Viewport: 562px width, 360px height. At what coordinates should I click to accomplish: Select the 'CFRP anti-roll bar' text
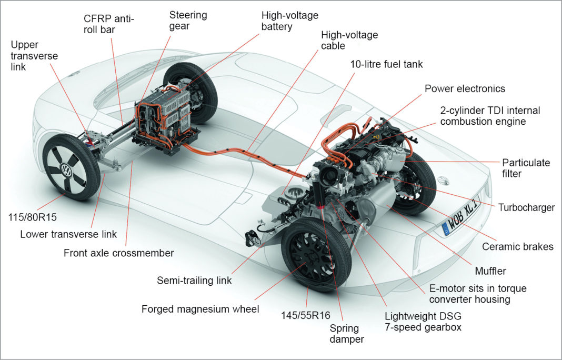click(x=109, y=24)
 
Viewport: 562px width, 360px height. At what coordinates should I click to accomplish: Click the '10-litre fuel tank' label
click(x=386, y=64)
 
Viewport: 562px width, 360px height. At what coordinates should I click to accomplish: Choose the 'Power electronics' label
click(x=465, y=88)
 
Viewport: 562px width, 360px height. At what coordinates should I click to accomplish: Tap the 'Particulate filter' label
click(x=526, y=168)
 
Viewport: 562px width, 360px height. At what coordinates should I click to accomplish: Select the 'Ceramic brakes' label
click(x=518, y=246)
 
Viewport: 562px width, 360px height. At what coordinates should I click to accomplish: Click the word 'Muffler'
click(x=490, y=271)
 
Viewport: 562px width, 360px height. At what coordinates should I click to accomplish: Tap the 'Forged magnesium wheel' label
click(x=200, y=309)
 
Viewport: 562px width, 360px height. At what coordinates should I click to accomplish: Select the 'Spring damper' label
click(x=347, y=333)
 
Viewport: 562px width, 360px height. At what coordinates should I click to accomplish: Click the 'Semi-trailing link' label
click(x=195, y=281)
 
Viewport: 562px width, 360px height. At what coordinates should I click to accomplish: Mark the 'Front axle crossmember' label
click(x=118, y=253)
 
